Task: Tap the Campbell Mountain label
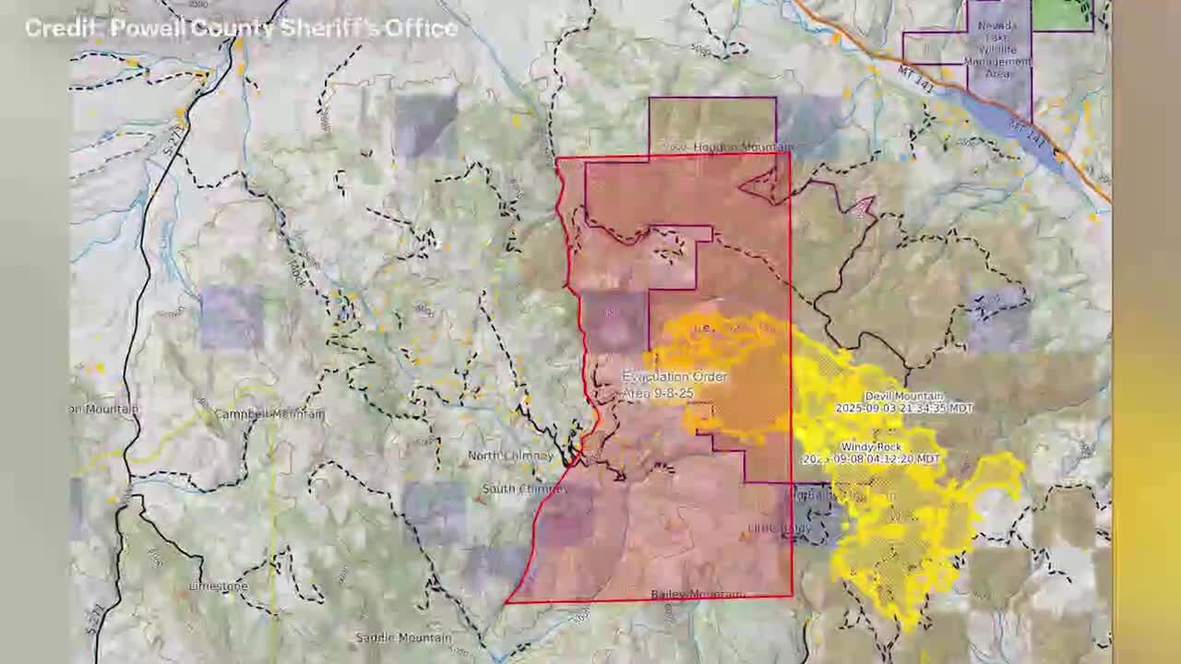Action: pyautogui.click(x=269, y=414)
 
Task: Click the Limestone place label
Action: pyautogui.click(x=219, y=587)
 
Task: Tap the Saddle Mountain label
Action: pyautogui.click(x=403, y=637)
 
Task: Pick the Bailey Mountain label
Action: pyautogui.click(x=698, y=595)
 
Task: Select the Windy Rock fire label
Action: pyautogui.click(x=870, y=447)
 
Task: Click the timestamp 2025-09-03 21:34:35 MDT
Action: pyautogui.click(x=903, y=408)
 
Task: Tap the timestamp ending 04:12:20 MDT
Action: pyautogui.click(x=872, y=458)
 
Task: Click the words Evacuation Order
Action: pyautogui.click(x=674, y=377)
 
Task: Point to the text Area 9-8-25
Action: pyautogui.click(x=657, y=393)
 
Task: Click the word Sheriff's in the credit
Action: pyautogui.click(x=332, y=29)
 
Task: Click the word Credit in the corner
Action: pyautogui.click(x=61, y=29)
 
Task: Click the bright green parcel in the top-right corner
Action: pyautogui.click(x=1061, y=13)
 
